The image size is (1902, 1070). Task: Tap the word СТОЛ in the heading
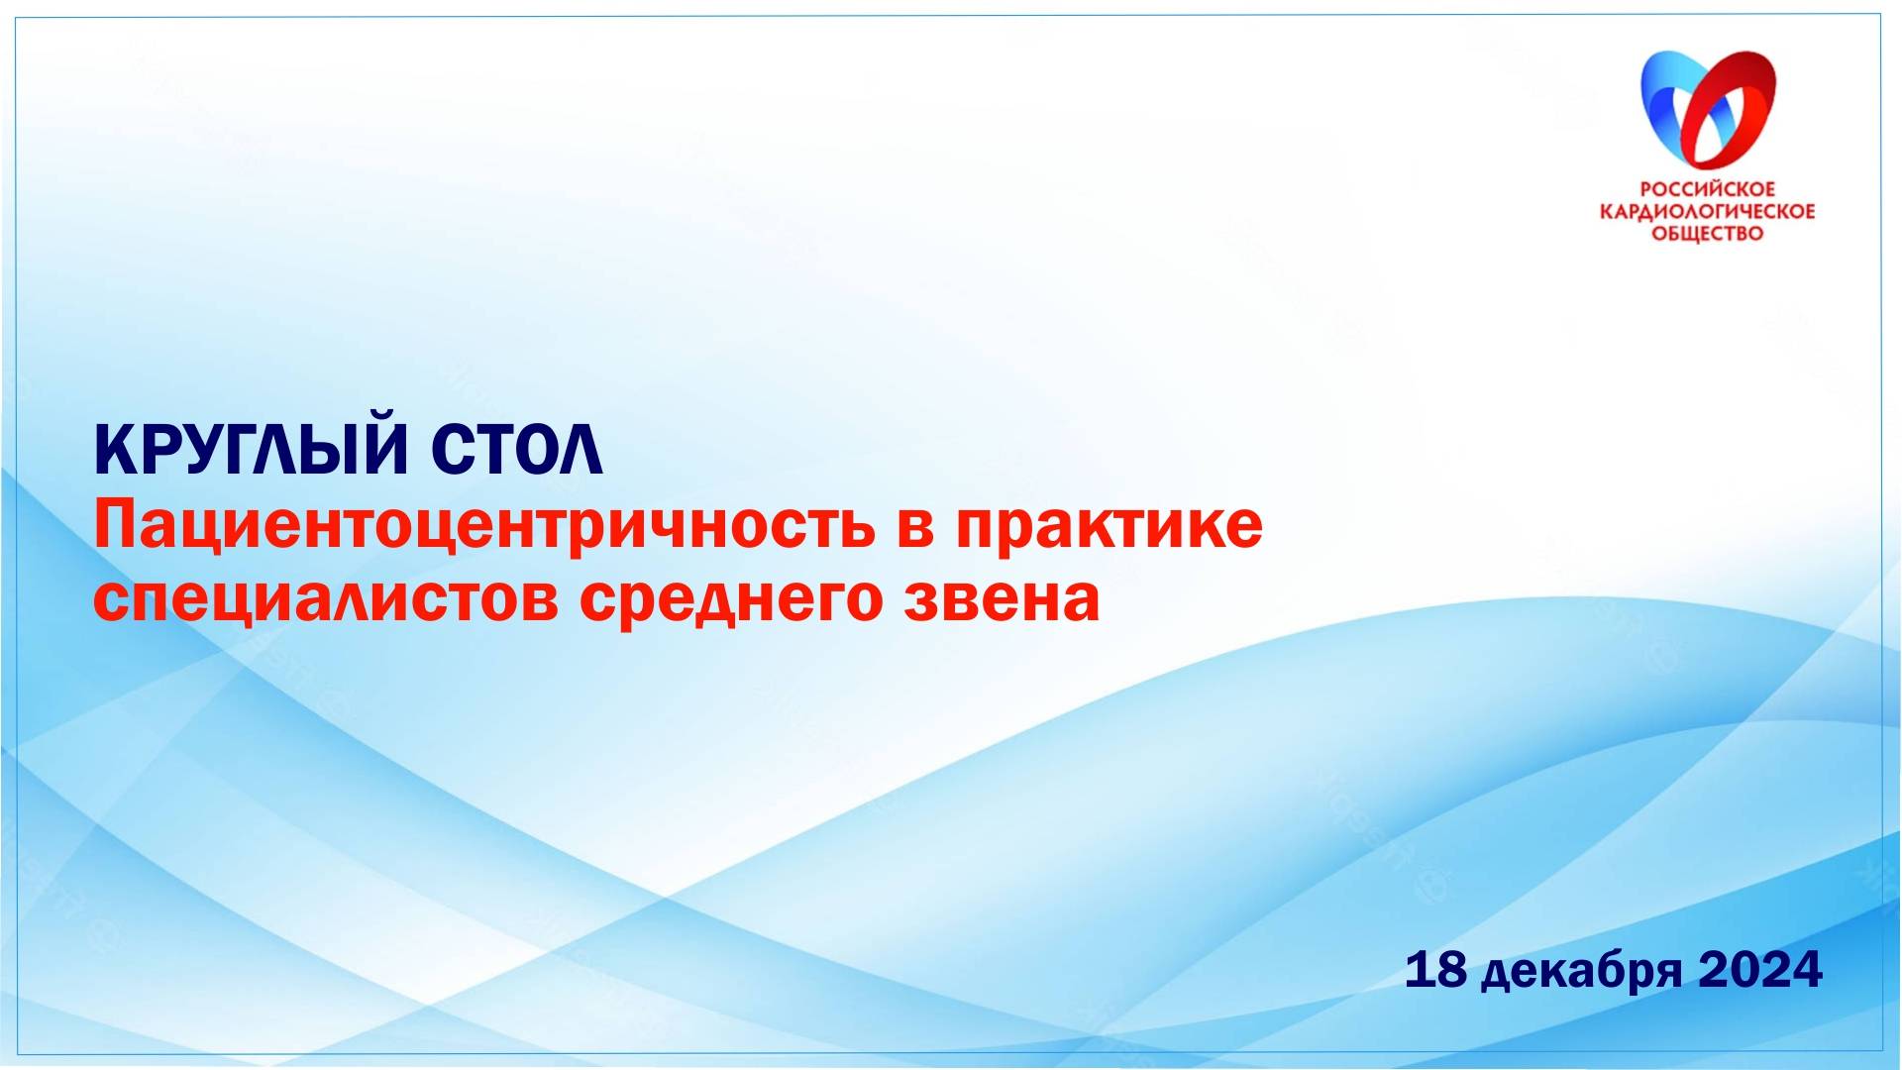pos(516,451)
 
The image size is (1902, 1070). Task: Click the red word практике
pos(1109,526)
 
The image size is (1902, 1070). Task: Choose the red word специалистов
pos(326,599)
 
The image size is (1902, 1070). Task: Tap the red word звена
pos(1002,599)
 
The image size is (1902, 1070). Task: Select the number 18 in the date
pos(1435,970)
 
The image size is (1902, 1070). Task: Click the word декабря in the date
pos(1582,973)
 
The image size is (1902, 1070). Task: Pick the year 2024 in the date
pos(1760,970)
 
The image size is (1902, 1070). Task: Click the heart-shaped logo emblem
pos(1708,109)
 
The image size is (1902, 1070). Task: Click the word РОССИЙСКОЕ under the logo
pos(1708,188)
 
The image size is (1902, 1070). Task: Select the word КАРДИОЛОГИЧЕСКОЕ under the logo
pos(1708,211)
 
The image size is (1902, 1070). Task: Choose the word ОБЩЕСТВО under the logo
pos(1708,234)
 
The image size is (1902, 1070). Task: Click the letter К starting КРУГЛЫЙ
pos(114,451)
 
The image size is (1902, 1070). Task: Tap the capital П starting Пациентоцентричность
pos(115,526)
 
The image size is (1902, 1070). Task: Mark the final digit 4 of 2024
pos(1806,970)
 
